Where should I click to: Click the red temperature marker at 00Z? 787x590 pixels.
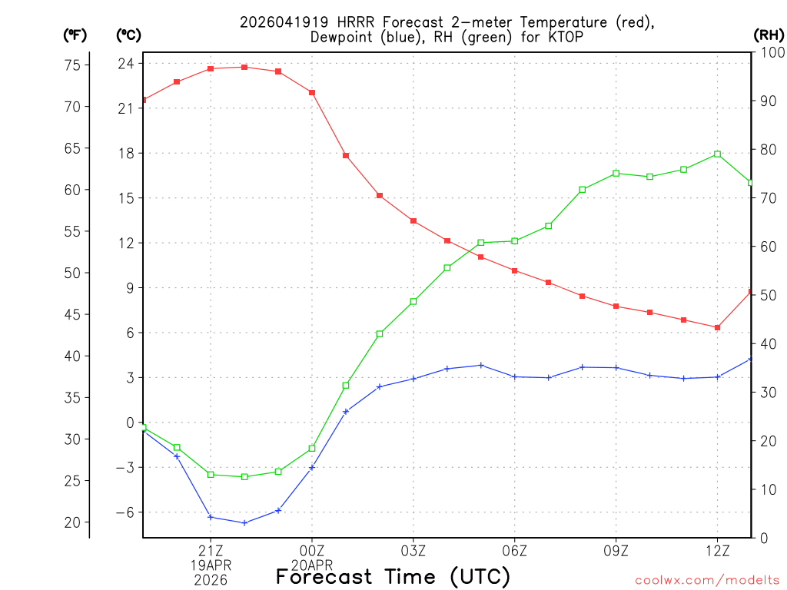312,92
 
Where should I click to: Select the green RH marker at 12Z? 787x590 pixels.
717,154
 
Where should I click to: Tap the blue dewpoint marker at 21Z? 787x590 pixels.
211,517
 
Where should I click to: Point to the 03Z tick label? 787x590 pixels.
413,550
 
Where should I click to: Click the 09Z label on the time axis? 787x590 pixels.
616,550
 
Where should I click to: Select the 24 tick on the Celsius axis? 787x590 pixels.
125,64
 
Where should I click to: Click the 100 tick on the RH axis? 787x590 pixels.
769,52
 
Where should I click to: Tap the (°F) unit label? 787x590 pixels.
75,35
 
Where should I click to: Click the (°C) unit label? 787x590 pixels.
128,35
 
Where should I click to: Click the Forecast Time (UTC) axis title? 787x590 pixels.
393,576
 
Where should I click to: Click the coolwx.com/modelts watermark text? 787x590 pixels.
707,580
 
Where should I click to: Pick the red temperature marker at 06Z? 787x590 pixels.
515,270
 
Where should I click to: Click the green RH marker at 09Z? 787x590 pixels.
616,174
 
